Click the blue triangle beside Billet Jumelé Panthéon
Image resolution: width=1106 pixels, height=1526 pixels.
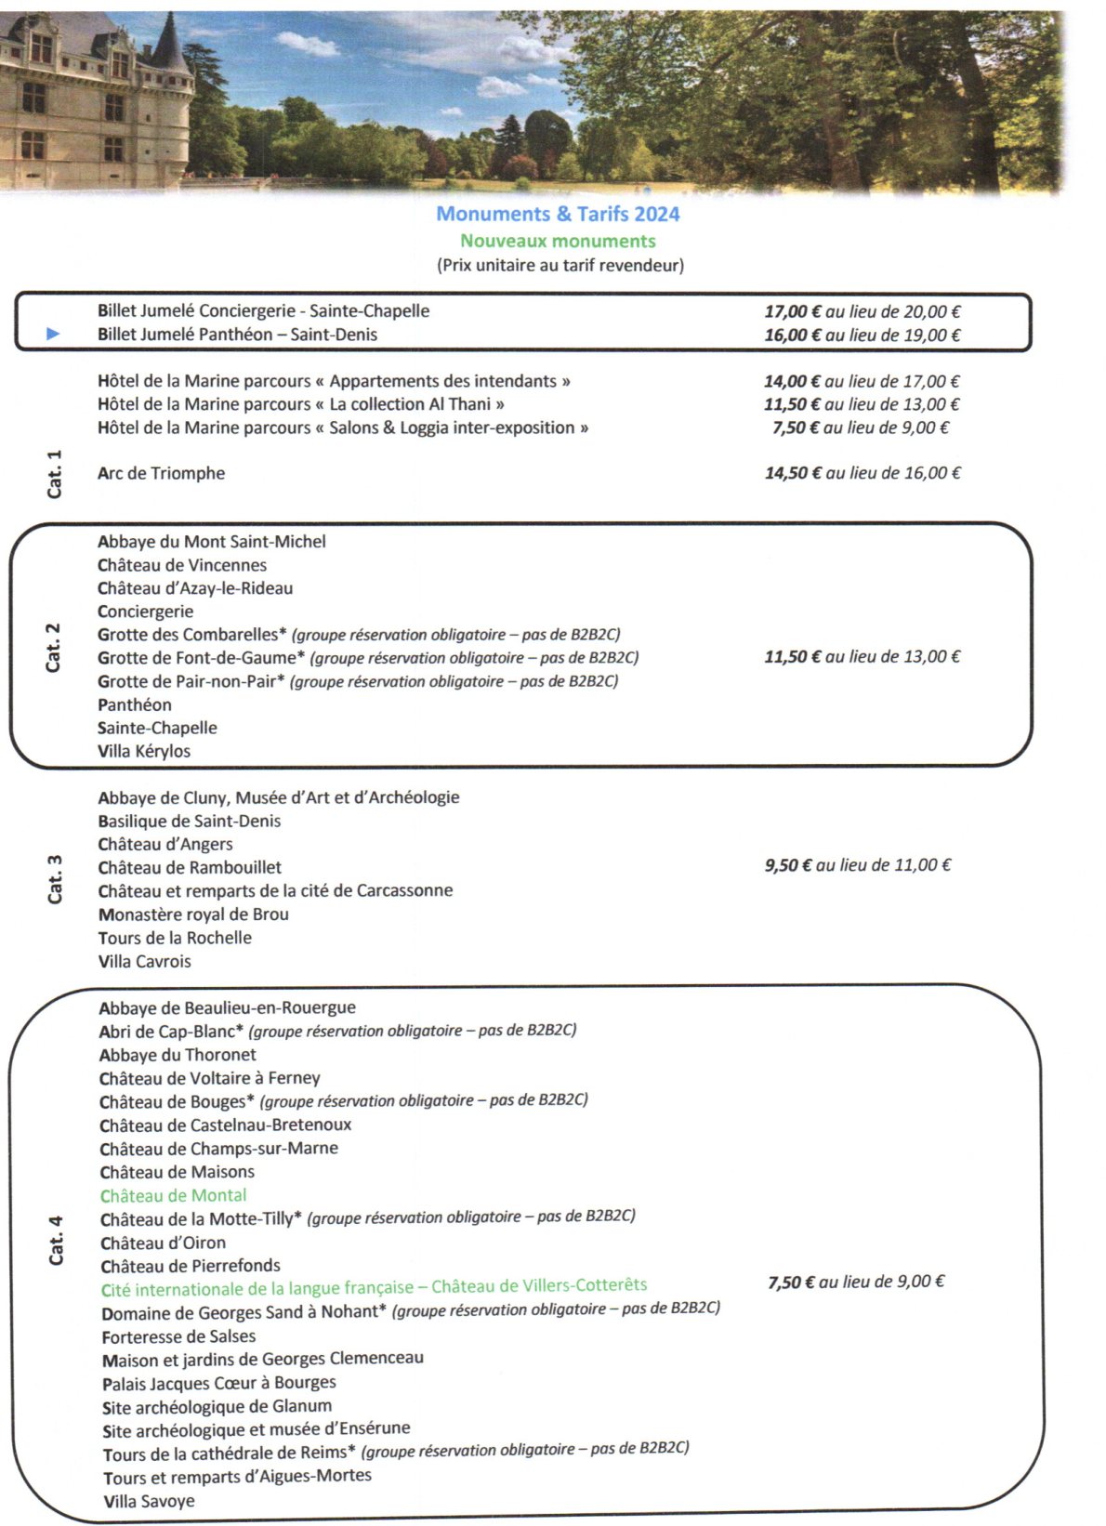[53, 335]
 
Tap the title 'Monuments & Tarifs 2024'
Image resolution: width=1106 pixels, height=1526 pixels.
[558, 214]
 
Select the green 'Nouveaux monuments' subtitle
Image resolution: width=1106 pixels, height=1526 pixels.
[558, 241]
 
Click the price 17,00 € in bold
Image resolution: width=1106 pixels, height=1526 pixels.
[792, 312]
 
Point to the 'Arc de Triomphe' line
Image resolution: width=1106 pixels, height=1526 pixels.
[161, 473]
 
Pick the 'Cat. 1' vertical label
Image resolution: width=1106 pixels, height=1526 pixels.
[55, 473]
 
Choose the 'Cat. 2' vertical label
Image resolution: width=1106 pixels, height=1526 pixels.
[54, 647]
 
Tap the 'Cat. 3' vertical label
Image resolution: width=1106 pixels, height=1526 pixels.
[55, 878]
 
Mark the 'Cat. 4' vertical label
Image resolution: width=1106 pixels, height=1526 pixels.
[56, 1240]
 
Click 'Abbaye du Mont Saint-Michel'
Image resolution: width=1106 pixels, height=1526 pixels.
[211, 542]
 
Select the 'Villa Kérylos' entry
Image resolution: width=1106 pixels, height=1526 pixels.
[144, 751]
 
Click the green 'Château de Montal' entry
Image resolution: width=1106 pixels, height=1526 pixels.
[174, 1195]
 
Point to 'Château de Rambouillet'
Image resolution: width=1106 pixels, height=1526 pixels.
[190, 867]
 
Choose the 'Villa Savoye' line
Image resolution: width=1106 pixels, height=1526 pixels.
[149, 1501]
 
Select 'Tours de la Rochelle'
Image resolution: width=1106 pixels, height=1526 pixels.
[175, 938]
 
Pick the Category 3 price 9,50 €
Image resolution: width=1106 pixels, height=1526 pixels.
[787, 865]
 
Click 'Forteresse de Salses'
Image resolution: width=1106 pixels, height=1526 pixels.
[178, 1336]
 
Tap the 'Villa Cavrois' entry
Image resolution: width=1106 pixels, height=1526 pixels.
[145, 961]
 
